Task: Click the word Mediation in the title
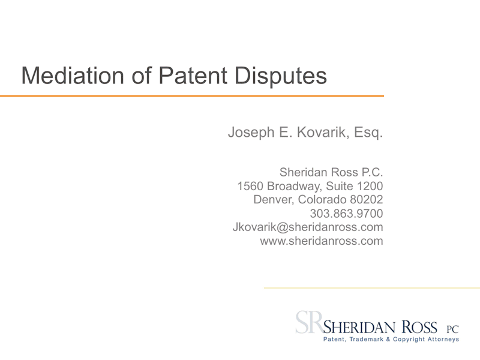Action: (x=73, y=76)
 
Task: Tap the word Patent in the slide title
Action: (x=193, y=76)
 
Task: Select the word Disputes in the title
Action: (x=281, y=76)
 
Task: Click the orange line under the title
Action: (x=192, y=96)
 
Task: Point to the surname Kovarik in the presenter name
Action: (x=322, y=132)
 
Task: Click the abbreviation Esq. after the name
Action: (x=368, y=133)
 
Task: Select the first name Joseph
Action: (x=251, y=133)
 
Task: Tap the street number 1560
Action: (x=250, y=186)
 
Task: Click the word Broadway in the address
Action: (x=295, y=187)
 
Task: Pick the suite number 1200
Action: (x=370, y=186)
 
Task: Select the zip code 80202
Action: (x=367, y=200)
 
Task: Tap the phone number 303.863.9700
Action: (x=347, y=214)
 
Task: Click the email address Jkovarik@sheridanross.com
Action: (x=308, y=227)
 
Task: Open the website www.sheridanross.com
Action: (x=322, y=241)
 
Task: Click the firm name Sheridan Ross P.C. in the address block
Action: (x=331, y=172)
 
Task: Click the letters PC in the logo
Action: (x=452, y=329)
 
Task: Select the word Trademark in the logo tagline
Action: (x=367, y=339)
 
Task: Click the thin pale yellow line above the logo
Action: (x=372, y=288)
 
